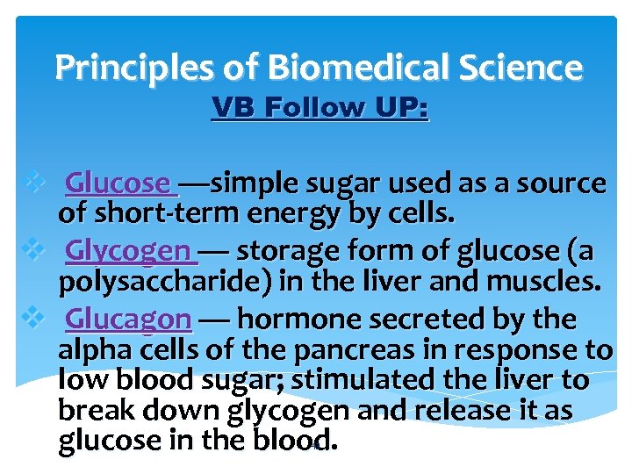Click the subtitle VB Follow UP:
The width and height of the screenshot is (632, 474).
[x=320, y=108]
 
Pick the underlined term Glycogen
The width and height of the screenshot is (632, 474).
[x=128, y=251]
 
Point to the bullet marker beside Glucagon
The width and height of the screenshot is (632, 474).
[x=34, y=317]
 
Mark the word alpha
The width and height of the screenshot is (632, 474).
[x=93, y=349]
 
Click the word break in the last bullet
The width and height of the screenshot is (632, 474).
[x=94, y=411]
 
